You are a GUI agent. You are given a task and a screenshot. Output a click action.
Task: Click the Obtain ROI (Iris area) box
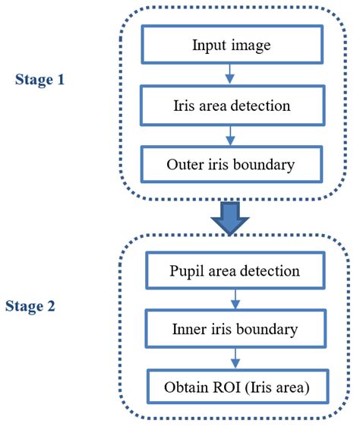tap(238, 388)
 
